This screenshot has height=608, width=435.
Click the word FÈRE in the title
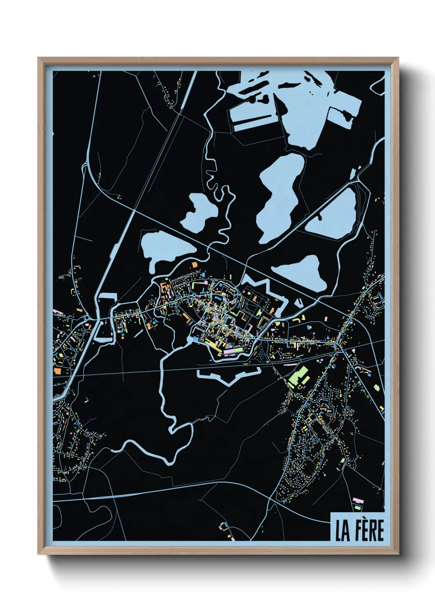point(368,530)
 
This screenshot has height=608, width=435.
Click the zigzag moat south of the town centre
point(228,376)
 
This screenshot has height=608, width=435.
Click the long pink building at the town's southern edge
point(233,351)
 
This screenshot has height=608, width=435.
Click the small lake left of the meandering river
point(199,212)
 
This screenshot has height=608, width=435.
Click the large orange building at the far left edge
point(57,371)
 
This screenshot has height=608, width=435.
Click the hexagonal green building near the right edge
point(377,386)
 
